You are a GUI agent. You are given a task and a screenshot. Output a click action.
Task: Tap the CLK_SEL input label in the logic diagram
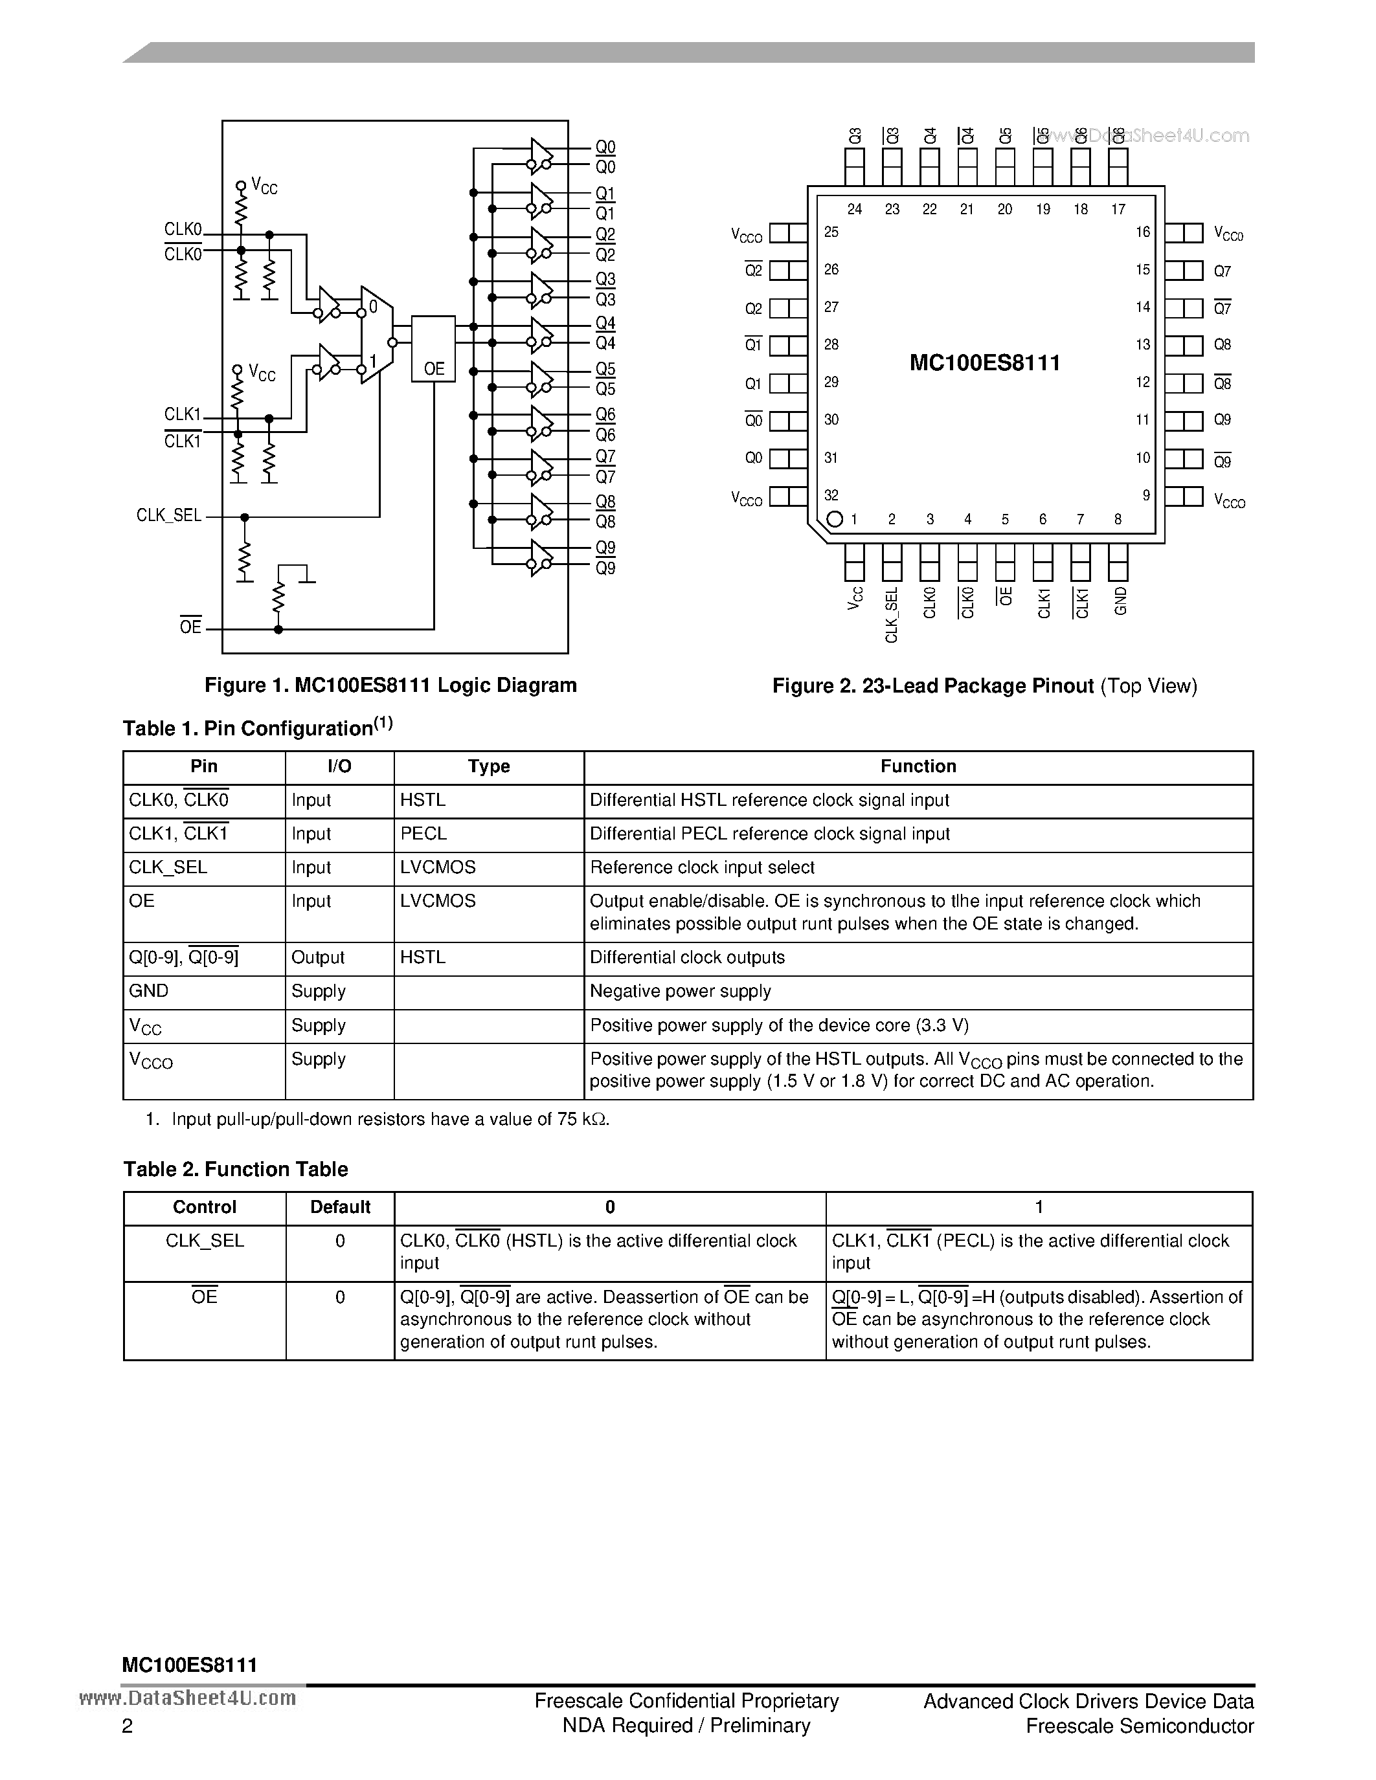[169, 515]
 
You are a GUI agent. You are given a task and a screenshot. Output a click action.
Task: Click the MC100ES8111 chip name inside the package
[985, 362]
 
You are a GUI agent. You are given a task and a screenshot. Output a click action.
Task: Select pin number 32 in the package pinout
[831, 495]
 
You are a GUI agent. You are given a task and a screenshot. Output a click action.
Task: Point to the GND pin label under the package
[1120, 601]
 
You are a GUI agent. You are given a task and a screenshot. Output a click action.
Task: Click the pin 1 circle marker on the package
[834, 519]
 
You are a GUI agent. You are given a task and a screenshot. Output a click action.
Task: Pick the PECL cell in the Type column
[423, 834]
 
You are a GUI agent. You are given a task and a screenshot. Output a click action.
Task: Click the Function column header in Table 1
[918, 766]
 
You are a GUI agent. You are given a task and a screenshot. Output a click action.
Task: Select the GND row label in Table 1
[148, 991]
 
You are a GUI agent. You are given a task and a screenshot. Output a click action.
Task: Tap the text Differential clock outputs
[687, 958]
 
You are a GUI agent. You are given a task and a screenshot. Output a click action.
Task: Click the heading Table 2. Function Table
[236, 1170]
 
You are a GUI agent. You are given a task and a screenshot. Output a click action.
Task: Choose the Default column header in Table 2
[340, 1207]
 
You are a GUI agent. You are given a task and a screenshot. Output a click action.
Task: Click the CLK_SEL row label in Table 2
[205, 1240]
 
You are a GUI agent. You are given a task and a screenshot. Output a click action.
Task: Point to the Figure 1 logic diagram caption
[390, 685]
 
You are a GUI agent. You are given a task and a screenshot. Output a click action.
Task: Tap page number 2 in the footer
[127, 1726]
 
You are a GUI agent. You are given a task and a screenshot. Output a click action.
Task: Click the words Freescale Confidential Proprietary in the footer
[686, 1701]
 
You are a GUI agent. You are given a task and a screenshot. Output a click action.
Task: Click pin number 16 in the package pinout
[1143, 232]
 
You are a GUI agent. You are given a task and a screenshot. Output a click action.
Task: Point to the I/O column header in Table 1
[339, 766]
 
